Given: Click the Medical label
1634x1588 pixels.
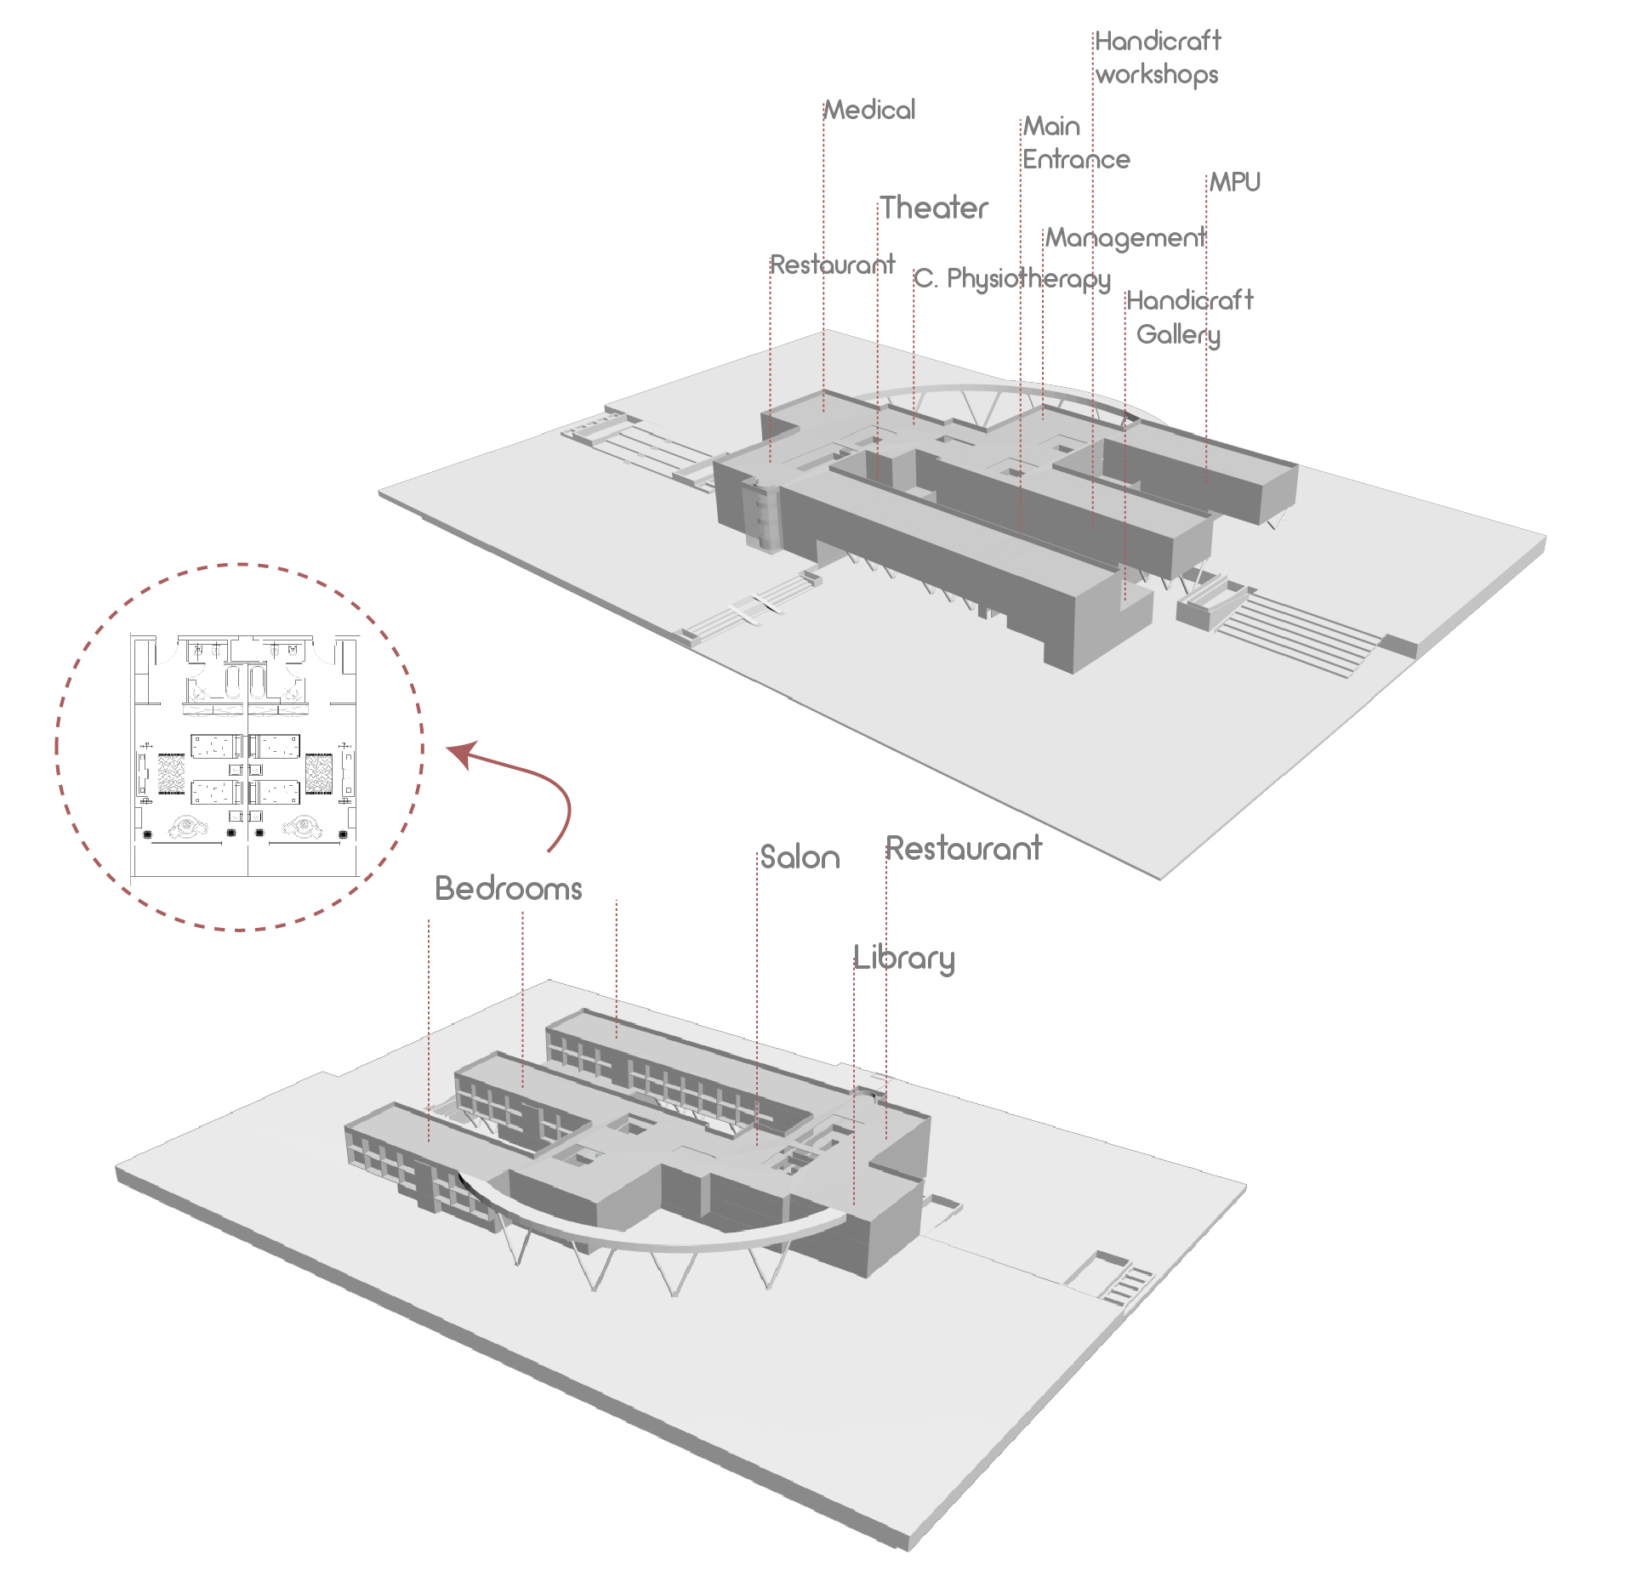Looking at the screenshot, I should coord(870,110).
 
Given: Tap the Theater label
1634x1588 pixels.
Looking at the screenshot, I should coord(934,208).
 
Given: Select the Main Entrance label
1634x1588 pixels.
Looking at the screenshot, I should coord(1076,143).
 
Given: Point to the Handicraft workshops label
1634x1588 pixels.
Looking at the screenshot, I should coord(1157,57).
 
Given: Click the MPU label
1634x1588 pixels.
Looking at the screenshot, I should coord(1235,182).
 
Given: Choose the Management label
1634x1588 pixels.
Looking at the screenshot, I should coord(1124,237).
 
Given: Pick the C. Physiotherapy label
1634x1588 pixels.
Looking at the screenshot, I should coord(1012,278).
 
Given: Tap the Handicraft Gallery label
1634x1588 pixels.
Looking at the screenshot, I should coord(1188,316).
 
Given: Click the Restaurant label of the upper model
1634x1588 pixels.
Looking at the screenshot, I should coord(832,265).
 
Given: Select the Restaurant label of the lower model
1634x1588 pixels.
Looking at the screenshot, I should coord(964,848).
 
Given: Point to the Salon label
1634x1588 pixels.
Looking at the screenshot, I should coord(800,857).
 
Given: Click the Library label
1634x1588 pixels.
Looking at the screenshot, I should coord(904,958).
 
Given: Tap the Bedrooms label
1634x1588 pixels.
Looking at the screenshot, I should coord(509,889).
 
